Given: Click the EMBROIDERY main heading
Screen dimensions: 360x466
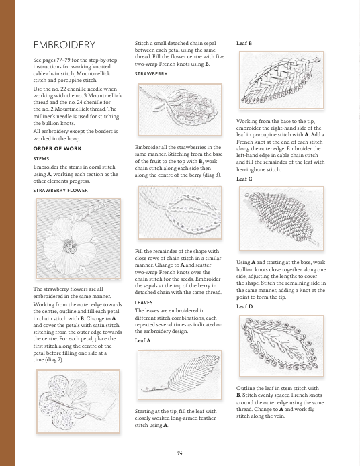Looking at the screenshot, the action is click(x=64, y=45).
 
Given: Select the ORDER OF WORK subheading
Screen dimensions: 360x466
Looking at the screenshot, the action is click(x=57, y=148).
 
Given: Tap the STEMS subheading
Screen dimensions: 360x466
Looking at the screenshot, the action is click(x=42, y=159).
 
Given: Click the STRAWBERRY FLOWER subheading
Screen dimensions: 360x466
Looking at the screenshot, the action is click(x=60, y=191).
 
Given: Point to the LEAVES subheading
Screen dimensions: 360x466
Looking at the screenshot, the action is click(x=144, y=303).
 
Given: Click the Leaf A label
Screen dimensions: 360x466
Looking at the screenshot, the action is click(x=142, y=340).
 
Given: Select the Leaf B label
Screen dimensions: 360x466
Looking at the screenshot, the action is click(x=244, y=43).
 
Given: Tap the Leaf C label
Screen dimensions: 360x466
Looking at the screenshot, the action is click(x=244, y=179).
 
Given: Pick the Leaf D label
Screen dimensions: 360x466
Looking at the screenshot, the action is click(x=244, y=306).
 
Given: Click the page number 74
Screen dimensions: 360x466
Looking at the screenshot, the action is click(x=179, y=453).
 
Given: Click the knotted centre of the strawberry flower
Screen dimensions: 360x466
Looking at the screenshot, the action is click(x=70, y=246).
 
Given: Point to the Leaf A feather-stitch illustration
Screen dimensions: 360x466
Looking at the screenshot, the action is click(x=180, y=375).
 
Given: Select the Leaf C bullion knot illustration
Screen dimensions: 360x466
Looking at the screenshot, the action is click(x=281, y=218).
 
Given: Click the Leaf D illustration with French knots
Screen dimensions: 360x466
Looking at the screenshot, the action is click(x=281, y=346).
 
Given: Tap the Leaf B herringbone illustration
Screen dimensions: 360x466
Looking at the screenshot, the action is click(x=281, y=81).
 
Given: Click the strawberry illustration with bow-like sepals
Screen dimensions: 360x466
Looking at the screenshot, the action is click(x=180, y=109).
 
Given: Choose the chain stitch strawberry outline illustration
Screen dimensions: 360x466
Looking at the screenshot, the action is click(x=180, y=212).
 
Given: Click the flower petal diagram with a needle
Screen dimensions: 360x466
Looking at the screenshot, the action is click(x=78, y=402).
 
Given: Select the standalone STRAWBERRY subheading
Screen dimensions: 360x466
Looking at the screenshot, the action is click(x=151, y=74).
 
